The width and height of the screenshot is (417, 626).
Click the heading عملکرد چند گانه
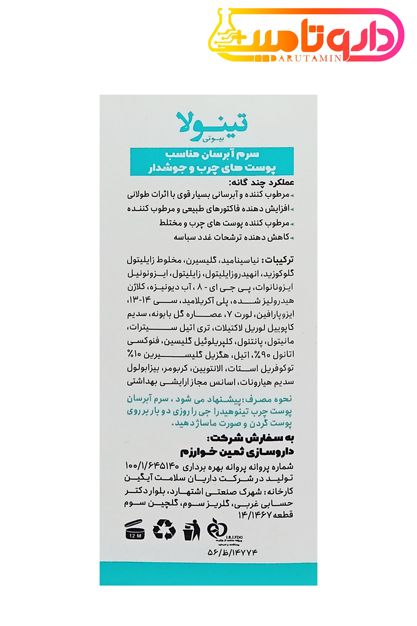pos(261,182)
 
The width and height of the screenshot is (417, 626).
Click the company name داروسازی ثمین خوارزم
pos(237,452)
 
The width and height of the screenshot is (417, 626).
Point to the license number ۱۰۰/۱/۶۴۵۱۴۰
pos(152,466)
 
